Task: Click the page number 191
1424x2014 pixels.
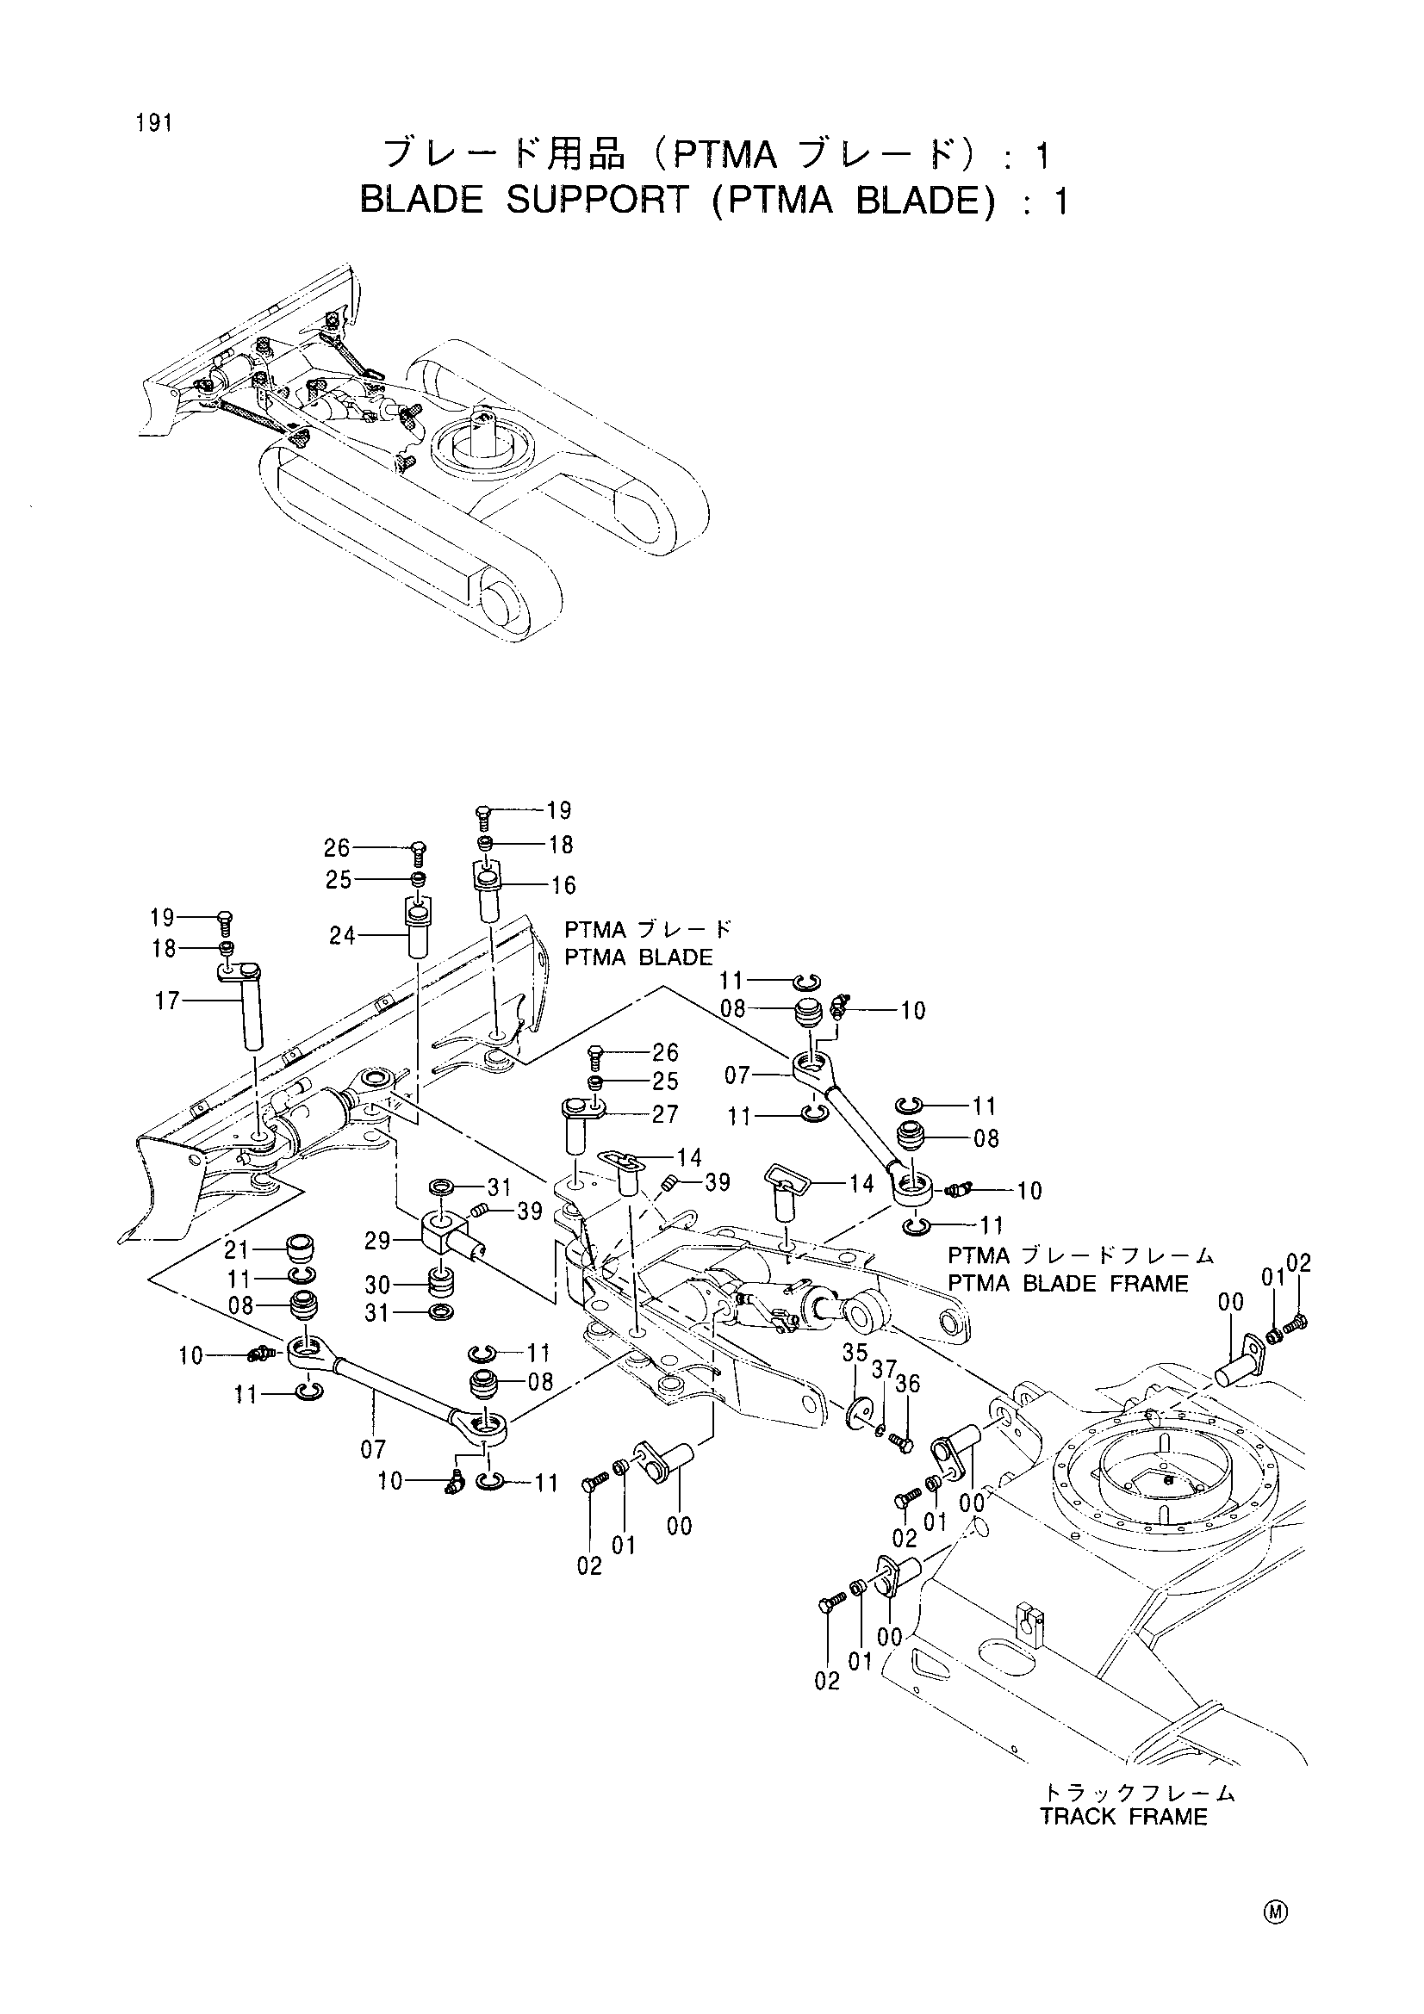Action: [x=153, y=123]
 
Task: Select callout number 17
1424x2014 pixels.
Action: [x=167, y=1000]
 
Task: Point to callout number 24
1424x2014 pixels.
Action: [x=342, y=936]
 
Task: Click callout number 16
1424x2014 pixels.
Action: [x=563, y=886]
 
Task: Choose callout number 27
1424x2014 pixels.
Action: [x=666, y=1115]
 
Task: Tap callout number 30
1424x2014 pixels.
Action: [x=378, y=1285]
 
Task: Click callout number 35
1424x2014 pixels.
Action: [x=855, y=1353]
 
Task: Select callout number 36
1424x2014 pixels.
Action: [x=908, y=1384]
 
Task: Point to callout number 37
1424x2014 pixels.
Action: [x=884, y=1368]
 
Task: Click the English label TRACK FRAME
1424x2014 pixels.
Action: [x=1124, y=1816]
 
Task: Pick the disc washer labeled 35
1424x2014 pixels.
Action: [x=859, y=1413]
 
